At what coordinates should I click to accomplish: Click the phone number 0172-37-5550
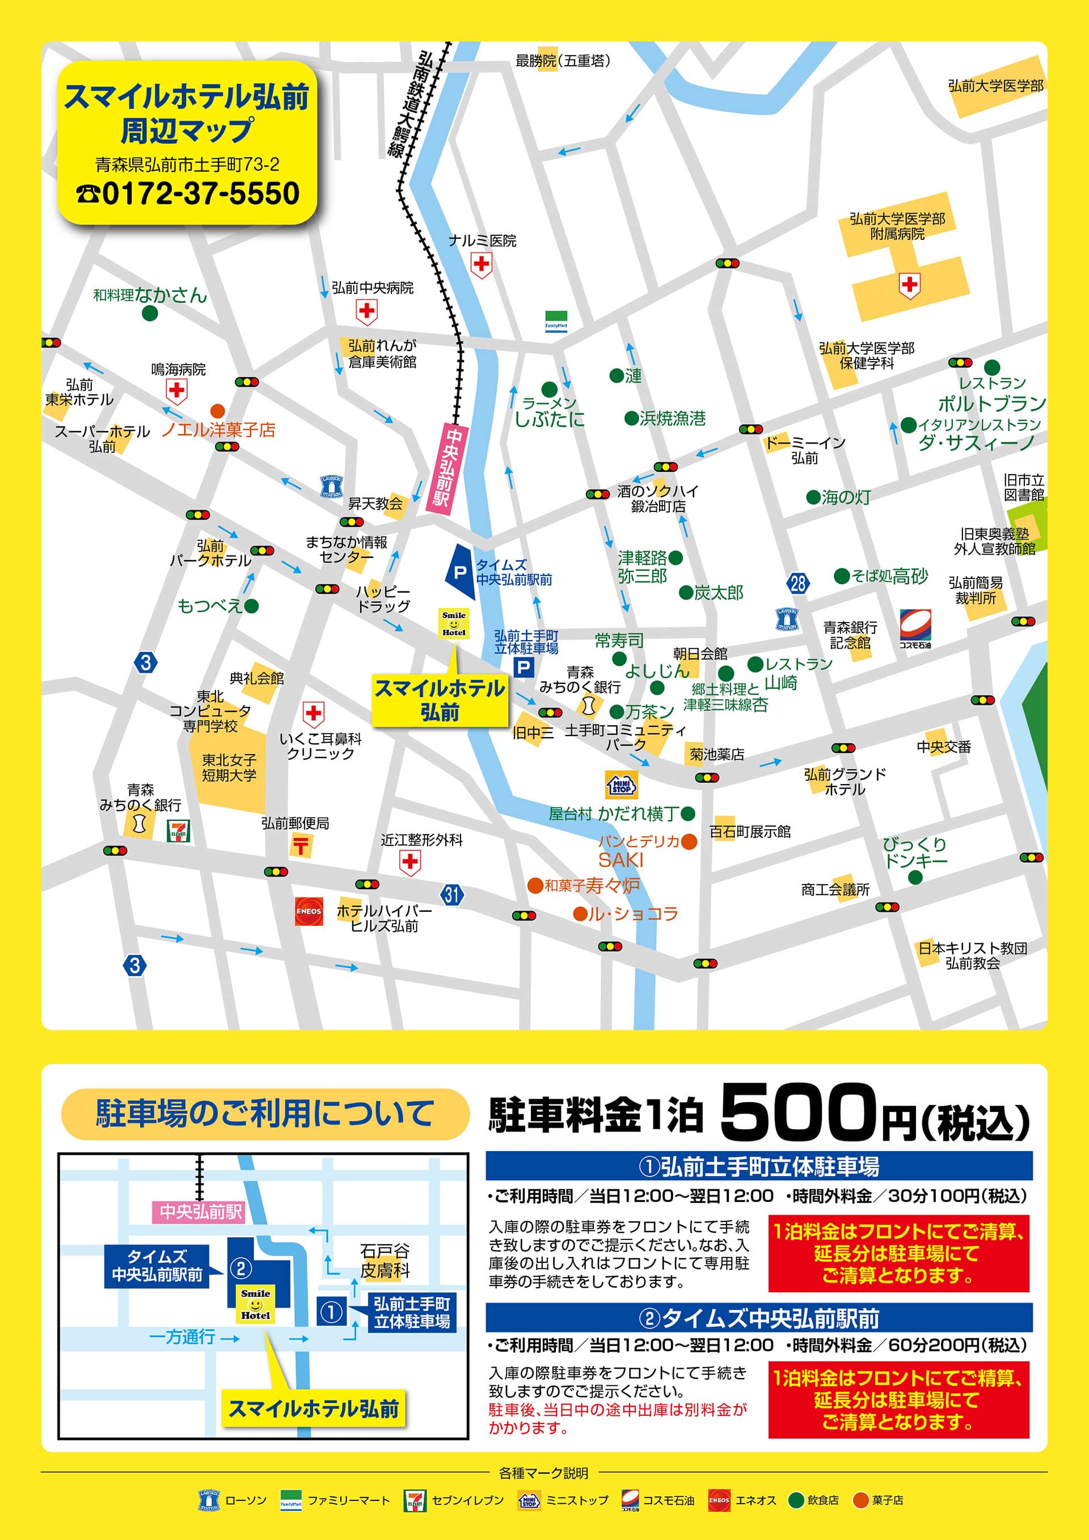pyautogui.click(x=188, y=194)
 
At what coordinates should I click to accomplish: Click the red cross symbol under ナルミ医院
pyautogui.click(x=481, y=265)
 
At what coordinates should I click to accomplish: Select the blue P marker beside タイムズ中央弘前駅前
pyautogui.click(x=461, y=572)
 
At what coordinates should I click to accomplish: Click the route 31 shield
pyautogui.click(x=452, y=894)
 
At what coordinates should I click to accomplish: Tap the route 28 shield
pyautogui.click(x=798, y=583)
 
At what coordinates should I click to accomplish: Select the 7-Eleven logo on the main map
pyautogui.click(x=179, y=830)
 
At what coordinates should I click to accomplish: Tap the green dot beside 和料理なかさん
pyautogui.click(x=150, y=312)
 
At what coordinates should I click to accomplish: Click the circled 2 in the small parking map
pyautogui.click(x=241, y=1268)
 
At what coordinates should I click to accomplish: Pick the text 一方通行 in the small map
pyautogui.click(x=182, y=1337)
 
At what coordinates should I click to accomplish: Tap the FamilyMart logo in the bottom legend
pyautogui.click(x=290, y=1500)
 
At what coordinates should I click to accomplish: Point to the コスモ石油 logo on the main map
pyautogui.click(x=915, y=627)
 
